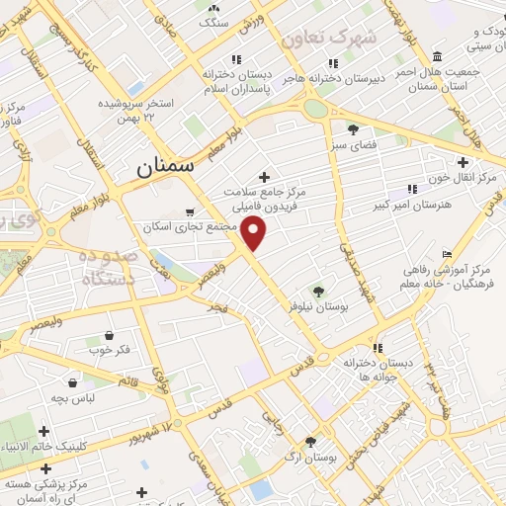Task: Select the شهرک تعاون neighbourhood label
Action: (330, 38)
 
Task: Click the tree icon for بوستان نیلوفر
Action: (317, 291)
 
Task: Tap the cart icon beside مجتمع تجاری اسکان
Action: (191, 211)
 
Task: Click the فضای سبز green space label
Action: (354, 144)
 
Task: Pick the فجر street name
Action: (217, 309)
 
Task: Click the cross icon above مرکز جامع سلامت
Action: (263, 176)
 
